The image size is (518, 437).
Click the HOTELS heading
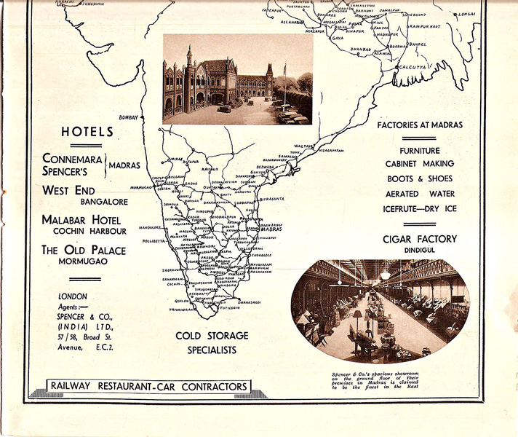(87, 132)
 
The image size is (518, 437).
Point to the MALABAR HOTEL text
(81, 219)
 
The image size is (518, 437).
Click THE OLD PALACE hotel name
(83, 250)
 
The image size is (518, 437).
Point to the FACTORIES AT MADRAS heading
(420, 125)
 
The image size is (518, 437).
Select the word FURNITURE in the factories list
(419, 150)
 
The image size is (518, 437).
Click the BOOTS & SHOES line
(419, 178)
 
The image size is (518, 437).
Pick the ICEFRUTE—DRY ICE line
(419, 208)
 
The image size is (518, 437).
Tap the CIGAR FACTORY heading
(420, 238)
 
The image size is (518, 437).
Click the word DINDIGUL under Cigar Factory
(420, 250)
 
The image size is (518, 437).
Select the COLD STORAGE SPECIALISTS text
(212, 342)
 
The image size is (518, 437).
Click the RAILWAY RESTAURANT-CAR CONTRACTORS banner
(148, 386)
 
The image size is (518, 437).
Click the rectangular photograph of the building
(237, 79)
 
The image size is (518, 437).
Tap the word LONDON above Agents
(72, 296)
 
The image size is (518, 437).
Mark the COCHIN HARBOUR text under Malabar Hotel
(89, 231)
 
